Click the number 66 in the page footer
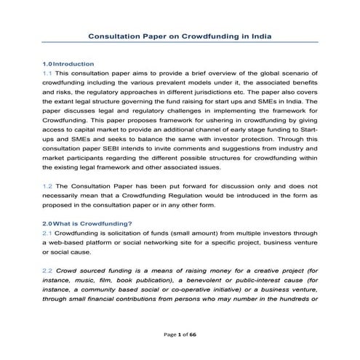(x=193, y=335)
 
